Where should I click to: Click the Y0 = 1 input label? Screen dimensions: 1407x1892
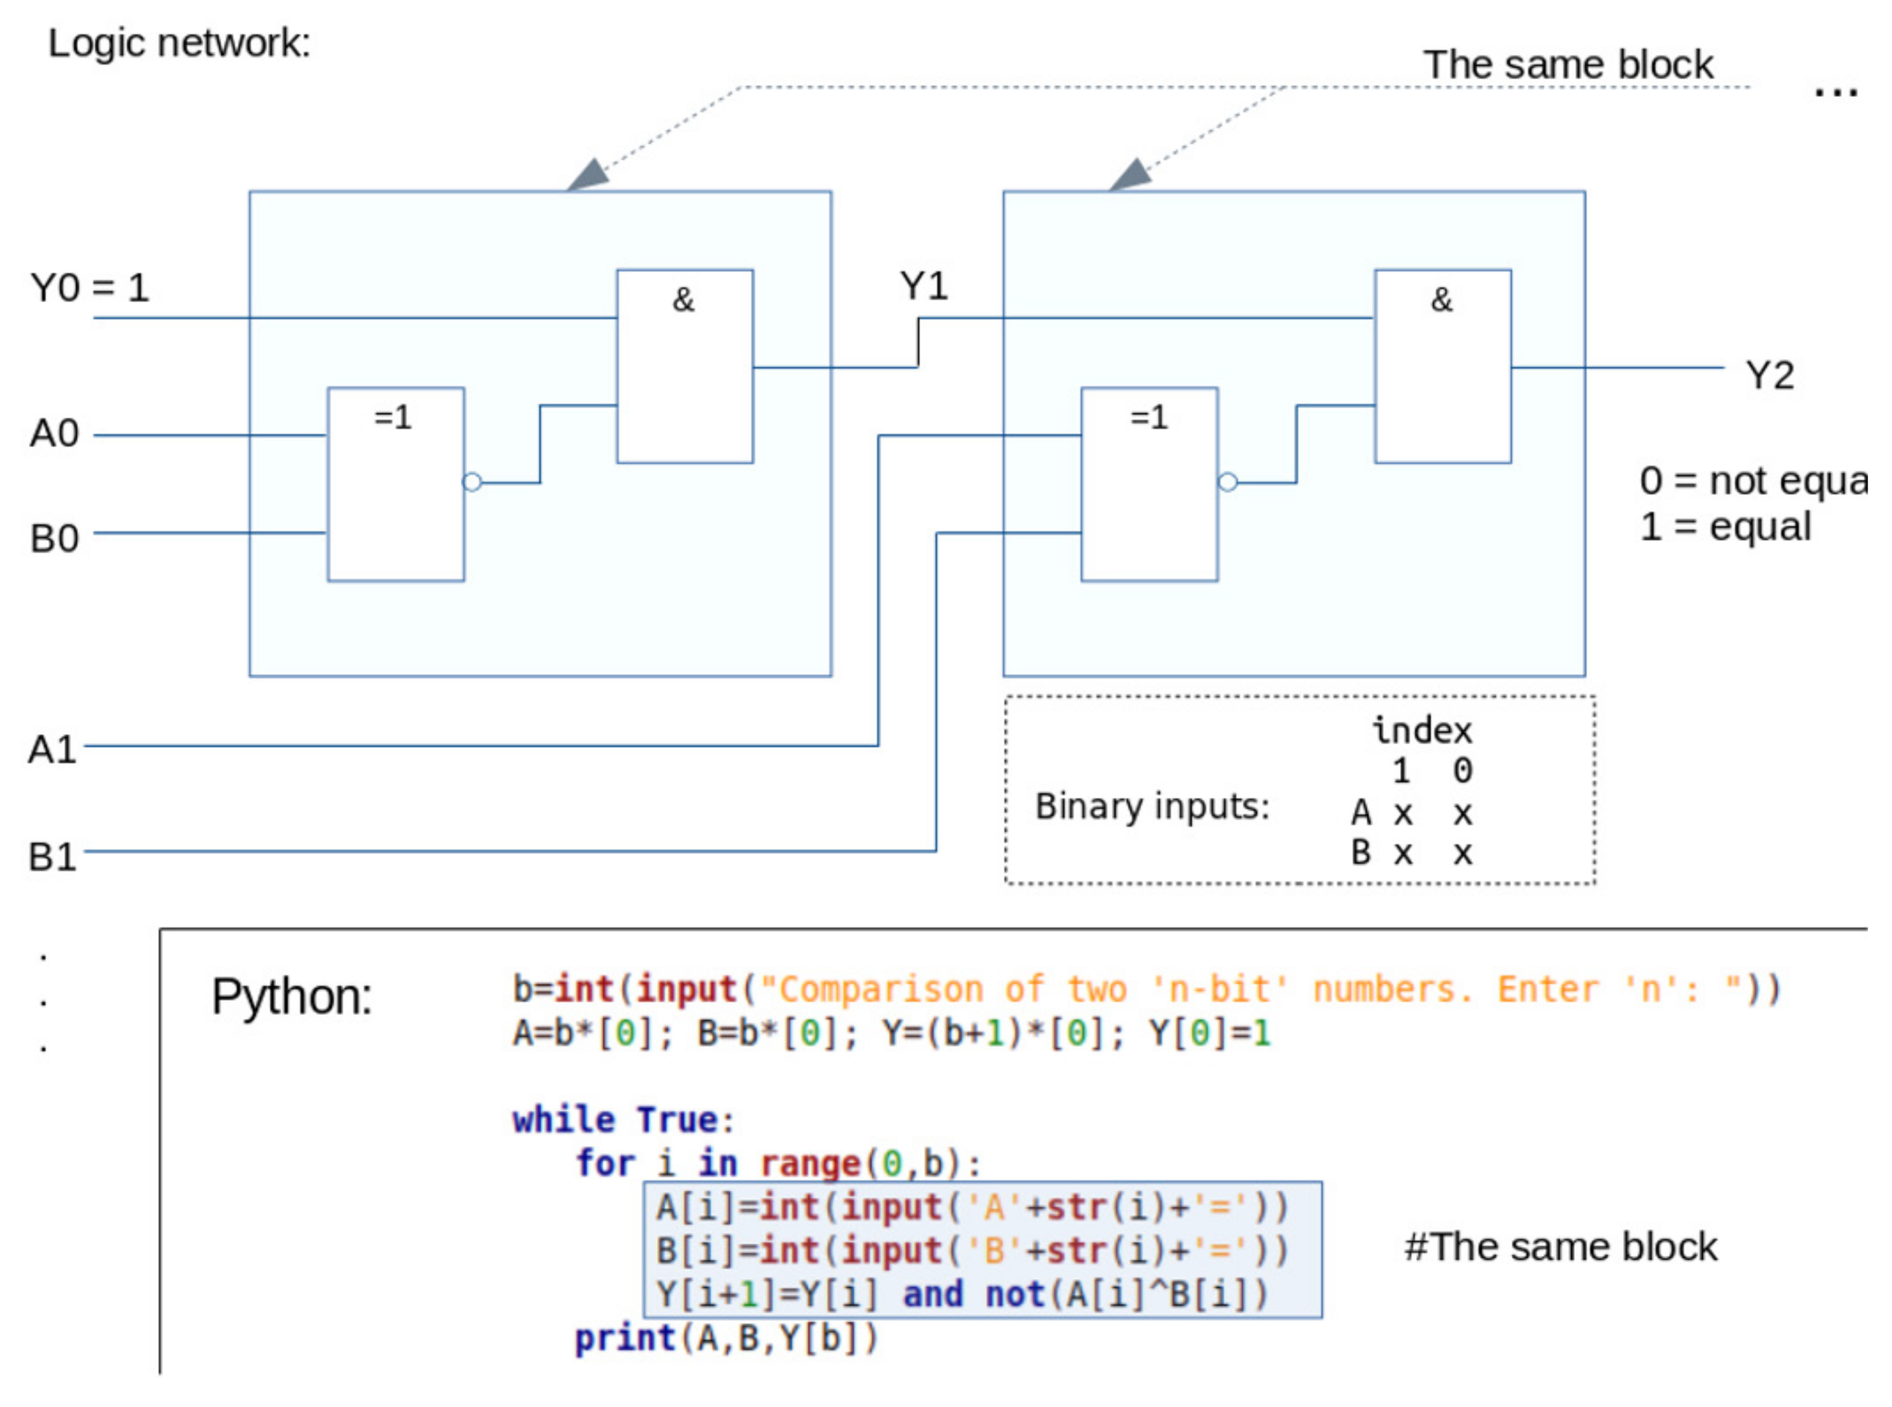pos(89,288)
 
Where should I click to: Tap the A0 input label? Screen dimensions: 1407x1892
pos(55,434)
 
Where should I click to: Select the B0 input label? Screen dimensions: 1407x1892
pos(55,538)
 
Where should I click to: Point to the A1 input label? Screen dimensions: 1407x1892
pos(52,750)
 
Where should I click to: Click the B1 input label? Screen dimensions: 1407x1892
pos(52,856)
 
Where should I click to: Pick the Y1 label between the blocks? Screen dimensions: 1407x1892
pos(924,286)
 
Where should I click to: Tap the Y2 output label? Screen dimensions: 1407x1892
pos(1769,375)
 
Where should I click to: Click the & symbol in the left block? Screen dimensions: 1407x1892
pos(683,300)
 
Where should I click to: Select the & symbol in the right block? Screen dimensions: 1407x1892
pos(1440,300)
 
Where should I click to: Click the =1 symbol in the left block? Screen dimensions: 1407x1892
pos(393,417)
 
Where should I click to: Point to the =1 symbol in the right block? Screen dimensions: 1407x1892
pos(1148,417)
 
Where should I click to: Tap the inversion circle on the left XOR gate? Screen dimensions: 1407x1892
pos(472,483)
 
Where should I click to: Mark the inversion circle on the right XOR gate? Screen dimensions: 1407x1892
pos(1228,483)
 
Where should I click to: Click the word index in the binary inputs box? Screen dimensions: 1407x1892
pos(1421,731)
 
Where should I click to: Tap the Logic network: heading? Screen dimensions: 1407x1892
pos(179,43)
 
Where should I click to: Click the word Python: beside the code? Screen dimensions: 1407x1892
pos(292,997)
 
